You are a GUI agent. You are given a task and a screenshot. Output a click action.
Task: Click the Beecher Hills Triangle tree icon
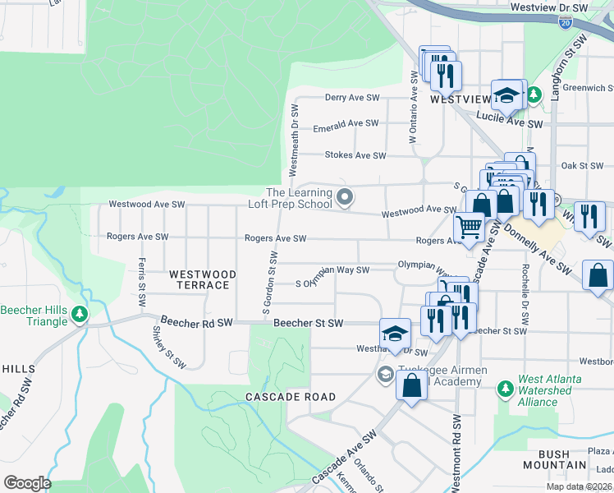[80, 314]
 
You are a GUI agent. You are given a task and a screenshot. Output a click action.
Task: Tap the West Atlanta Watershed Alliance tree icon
[506, 385]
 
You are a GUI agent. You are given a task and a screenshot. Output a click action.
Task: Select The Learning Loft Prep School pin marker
[346, 197]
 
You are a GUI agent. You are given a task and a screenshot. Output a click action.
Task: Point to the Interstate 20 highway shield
[566, 24]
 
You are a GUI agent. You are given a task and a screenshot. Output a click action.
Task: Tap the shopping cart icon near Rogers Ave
[469, 226]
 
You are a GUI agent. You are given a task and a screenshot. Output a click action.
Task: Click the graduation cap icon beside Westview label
[506, 95]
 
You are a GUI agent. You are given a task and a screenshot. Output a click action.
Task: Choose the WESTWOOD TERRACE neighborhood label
[203, 279]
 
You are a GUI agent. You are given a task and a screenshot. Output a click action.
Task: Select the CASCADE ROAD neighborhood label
[291, 397]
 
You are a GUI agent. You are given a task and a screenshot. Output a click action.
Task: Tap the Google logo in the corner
[27, 482]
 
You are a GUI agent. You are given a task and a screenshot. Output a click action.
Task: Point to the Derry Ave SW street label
[351, 97]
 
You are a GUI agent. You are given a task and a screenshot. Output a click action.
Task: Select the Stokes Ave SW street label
[355, 155]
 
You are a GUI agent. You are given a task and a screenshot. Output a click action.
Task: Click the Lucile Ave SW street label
[512, 123]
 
